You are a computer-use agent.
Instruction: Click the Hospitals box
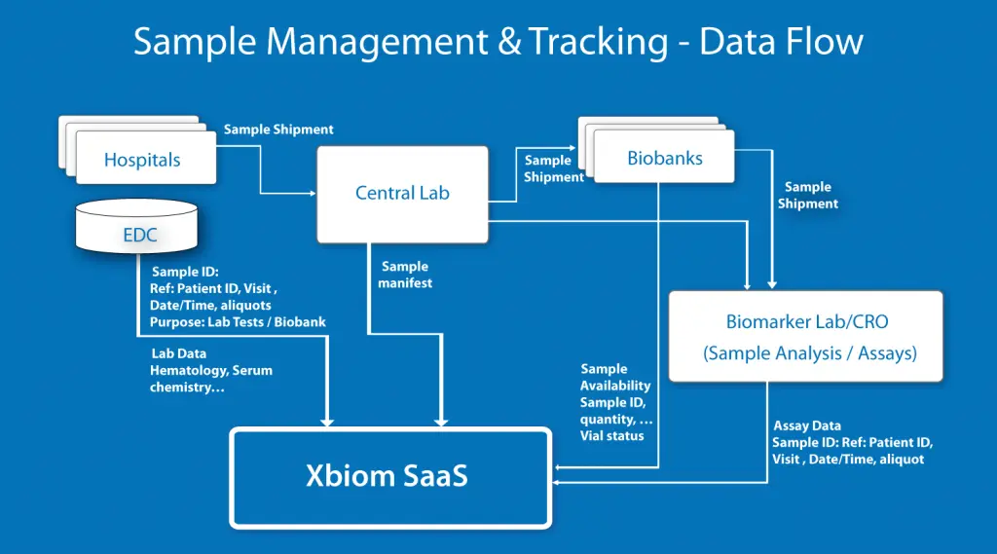pyautogui.click(x=143, y=160)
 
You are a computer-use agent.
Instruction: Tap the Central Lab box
pyautogui.click(x=402, y=193)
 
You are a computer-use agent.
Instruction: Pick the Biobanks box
pyautogui.click(x=665, y=157)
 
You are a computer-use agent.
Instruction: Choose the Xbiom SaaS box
pyautogui.click(x=388, y=477)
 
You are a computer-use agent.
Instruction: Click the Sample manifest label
pyautogui.click(x=405, y=275)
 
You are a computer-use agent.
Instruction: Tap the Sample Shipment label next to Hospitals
pyautogui.click(x=278, y=129)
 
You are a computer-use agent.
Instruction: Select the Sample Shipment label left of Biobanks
pyautogui.click(x=552, y=168)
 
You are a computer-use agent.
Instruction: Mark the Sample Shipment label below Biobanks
pyautogui.click(x=807, y=195)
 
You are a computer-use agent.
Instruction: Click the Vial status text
pyautogui.click(x=611, y=435)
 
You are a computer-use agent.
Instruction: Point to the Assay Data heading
pyautogui.click(x=807, y=425)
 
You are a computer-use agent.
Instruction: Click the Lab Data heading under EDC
pyautogui.click(x=178, y=353)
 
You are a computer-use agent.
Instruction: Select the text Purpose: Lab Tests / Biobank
pyautogui.click(x=238, y=321)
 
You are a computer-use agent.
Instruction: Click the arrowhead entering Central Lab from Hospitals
pyautogui.click(x=311, y=193)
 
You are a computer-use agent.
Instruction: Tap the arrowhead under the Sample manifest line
pyautogui.click(x=441, y=421)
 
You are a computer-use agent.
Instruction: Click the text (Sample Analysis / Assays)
pyautogui.click(x=809, y=353)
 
